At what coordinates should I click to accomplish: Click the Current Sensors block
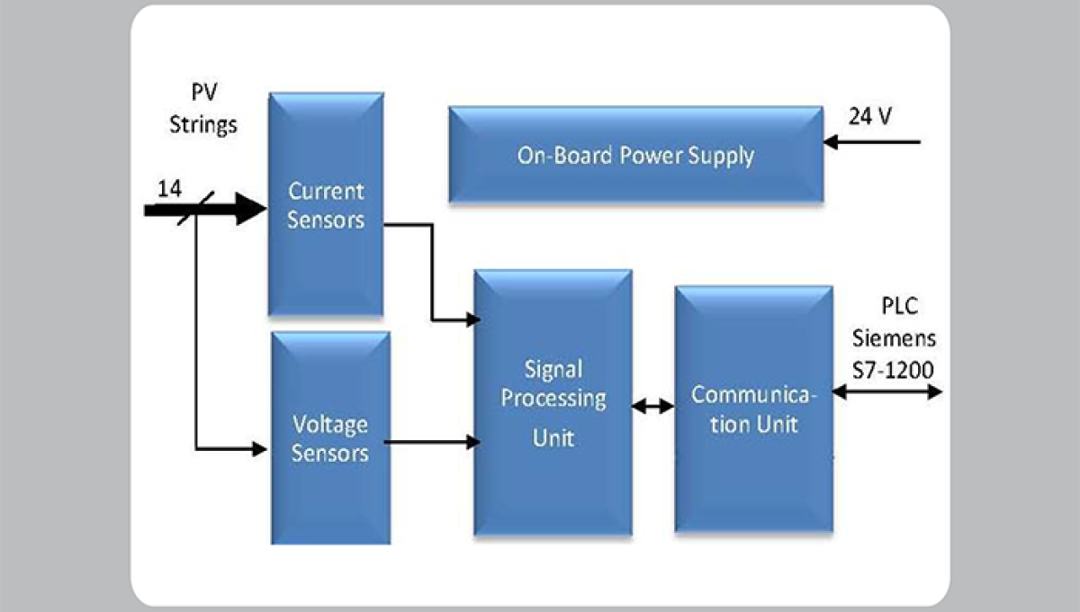coord(326,204)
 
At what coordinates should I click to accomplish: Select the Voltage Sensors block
coord(330,438)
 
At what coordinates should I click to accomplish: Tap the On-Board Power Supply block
coord(635,155)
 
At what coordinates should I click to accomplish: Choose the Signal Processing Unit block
coord(553,403)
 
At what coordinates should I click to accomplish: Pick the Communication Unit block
coord(752,409)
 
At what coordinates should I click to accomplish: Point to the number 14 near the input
coord(169,189)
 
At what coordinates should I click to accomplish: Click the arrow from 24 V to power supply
coord(872,142)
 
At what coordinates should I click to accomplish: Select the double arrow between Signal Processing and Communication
coord(652,407)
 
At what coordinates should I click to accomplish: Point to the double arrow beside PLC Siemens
coord(886,391)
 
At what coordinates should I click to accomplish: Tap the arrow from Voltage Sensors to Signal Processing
coord(431,442)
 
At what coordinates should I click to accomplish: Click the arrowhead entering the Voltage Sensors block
coord(259,447)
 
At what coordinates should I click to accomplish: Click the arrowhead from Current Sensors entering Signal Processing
coord(471,319)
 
